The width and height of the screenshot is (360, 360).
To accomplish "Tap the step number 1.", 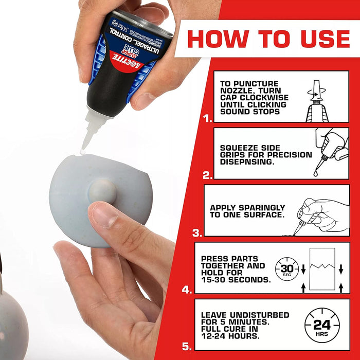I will tap(207, 119).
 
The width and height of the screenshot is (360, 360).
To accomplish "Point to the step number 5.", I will tap(188, 346).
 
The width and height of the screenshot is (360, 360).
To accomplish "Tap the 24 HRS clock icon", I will tap(322, 325).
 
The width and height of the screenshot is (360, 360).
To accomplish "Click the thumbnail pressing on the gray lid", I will tap(103, 215).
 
